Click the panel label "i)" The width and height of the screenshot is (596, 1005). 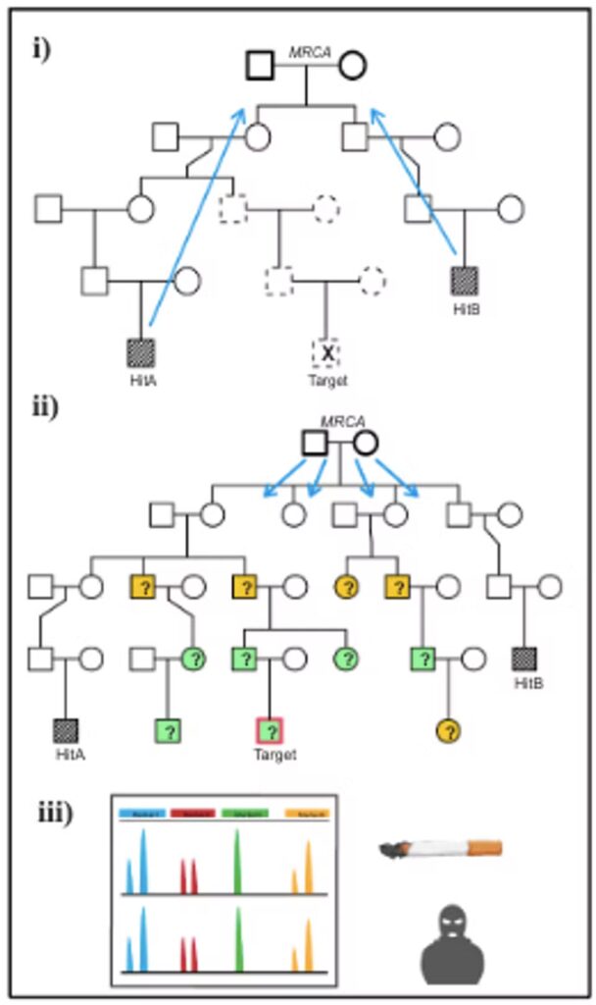click(x=40, y=48)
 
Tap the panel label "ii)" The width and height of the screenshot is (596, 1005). click(x=43, y=406)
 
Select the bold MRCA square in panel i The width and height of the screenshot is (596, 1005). click(x=260, y=66)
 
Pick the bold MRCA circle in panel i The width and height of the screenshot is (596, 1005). click(x=353, y=66)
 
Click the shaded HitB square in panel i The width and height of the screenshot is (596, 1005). click(x=464, y=281)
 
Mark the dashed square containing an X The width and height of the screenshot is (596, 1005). click(x=325, y=352)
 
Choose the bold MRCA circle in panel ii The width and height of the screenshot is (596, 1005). click(x=366, y=443)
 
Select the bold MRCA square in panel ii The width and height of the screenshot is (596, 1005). click(x=314, y=443)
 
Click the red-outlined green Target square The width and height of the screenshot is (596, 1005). click(x=269, y=731)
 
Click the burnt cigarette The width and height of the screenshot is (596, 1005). click(x=440, y=848)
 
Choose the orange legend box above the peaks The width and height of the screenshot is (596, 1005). click(x=308, y=814)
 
